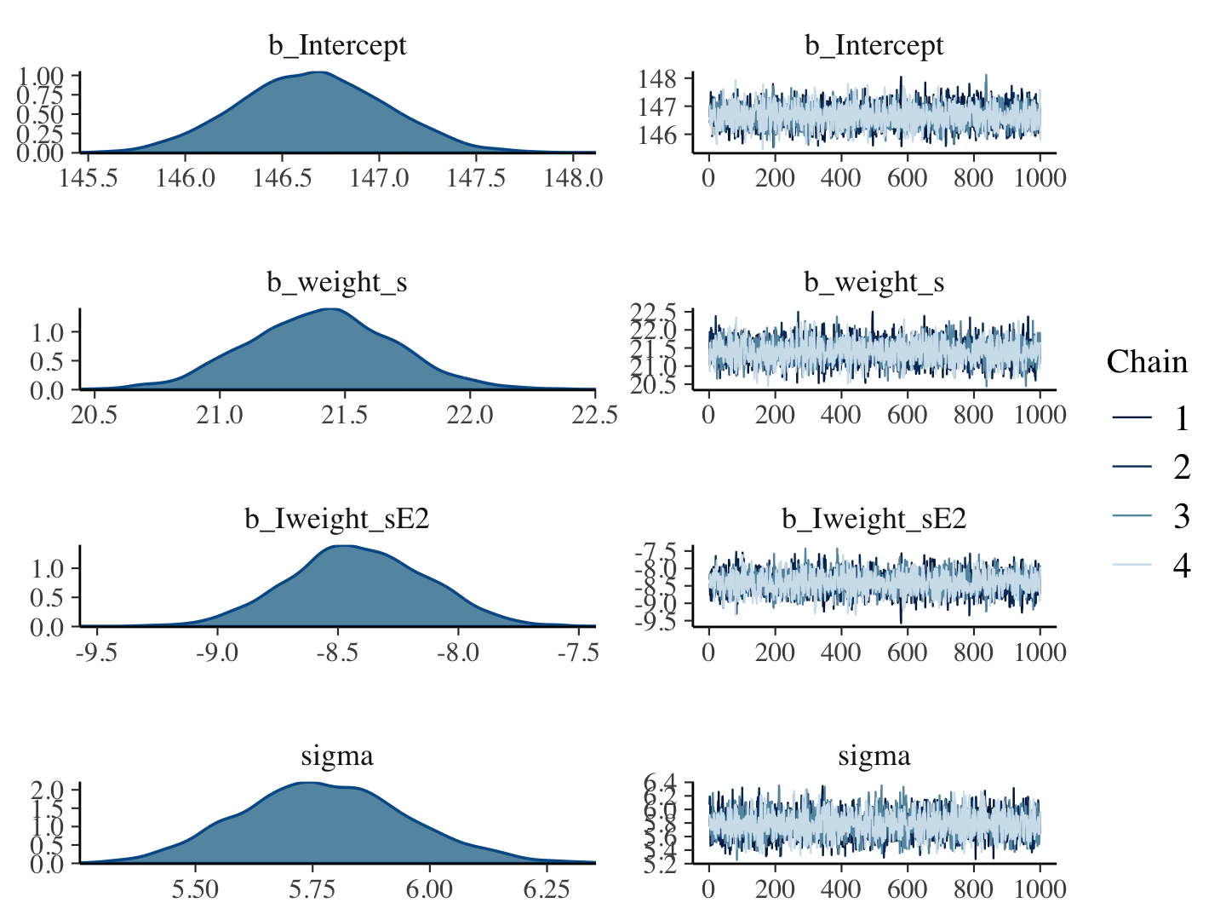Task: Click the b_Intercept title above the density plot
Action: click(337, 45)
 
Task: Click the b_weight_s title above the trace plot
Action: click(874, 282)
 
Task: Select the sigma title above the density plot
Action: click(337, 756)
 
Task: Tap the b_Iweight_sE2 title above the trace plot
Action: click(874, 519)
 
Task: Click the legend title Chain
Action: click(1146, 362)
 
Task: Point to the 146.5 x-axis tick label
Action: click(282, 178)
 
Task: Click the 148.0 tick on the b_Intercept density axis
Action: click(573, 178)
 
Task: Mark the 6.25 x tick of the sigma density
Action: click(546, 888)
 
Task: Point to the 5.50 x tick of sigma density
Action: click(195, 888)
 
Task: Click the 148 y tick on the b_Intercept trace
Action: click(657, 79)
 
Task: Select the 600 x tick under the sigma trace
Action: click(907, 888)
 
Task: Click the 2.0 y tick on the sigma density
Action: click(48, 789)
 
